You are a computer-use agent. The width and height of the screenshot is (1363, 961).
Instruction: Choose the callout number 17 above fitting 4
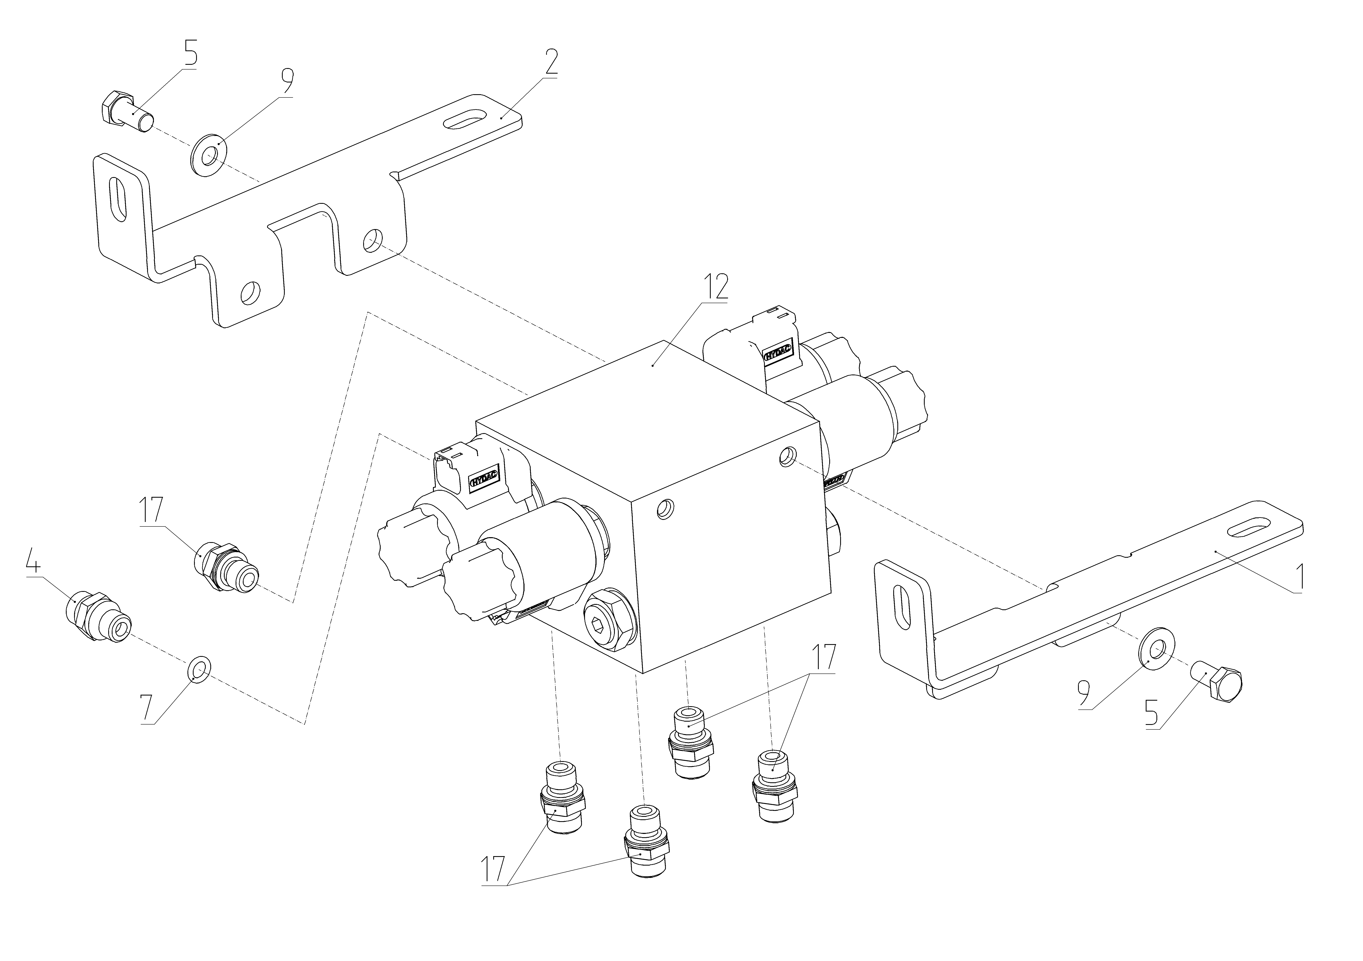tap(151, 512)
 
